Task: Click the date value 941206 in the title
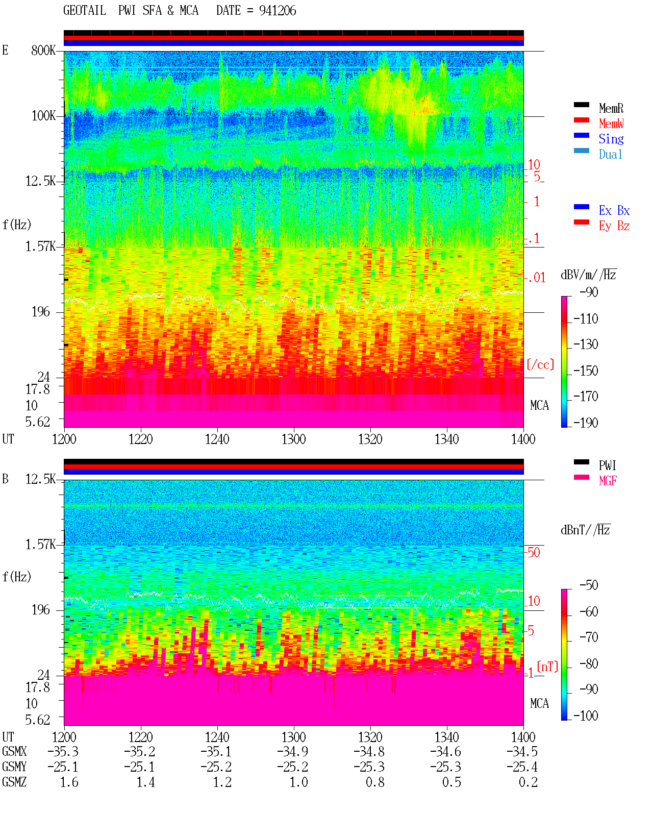278,11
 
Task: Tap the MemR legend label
611,108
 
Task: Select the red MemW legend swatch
581,120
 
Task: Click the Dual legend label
610,154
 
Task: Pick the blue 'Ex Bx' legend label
614,210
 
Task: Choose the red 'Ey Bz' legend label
614,226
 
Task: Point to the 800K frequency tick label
43,50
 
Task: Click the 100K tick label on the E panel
43,116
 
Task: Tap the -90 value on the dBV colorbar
589,292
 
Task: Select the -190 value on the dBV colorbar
586,423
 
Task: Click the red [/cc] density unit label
540,364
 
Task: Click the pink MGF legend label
608,481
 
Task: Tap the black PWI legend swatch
581,462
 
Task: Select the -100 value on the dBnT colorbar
586,716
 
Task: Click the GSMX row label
14,751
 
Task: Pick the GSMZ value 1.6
69,782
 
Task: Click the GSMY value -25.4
522,767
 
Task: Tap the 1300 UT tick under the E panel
293,439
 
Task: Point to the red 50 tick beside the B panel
534,552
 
